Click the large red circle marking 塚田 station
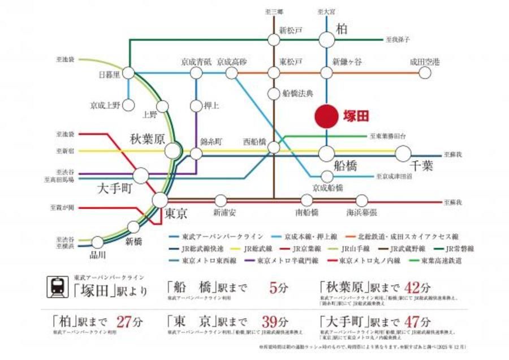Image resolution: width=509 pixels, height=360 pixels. click(x=327, y=116)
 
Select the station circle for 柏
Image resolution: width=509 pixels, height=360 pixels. click(x=327, y=39)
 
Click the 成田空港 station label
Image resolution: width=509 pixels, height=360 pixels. click(x=425, y=61)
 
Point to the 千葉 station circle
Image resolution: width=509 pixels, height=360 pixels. click(x=403, y=153)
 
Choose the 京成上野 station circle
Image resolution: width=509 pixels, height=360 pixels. click(x=128, y=105)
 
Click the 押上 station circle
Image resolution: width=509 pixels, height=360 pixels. click(x=196, y=105)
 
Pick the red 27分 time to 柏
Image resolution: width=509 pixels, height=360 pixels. click(x=130, y=322)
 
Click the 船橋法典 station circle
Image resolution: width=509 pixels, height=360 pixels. click(x=274, y=93)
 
